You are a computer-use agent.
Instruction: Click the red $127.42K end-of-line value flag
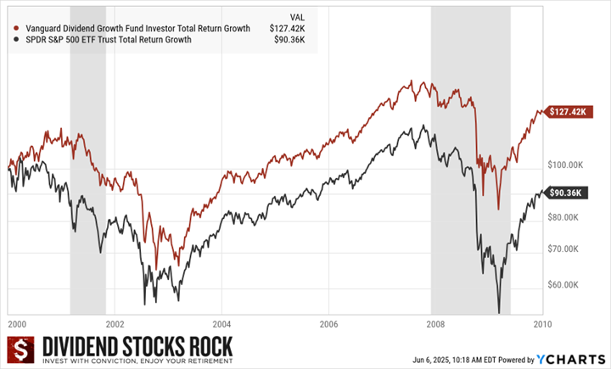566,111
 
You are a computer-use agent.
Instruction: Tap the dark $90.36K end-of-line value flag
565,193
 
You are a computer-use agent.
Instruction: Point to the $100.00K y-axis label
564,164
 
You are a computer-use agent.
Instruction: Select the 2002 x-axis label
115,323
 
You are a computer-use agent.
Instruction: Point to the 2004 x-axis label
221,323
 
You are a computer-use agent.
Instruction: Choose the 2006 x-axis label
328,323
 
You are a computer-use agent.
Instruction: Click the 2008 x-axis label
435,323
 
